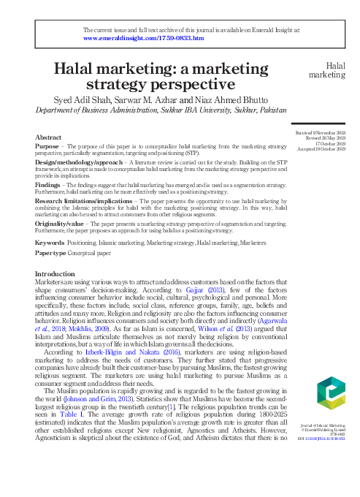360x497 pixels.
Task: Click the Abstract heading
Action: (48, 137)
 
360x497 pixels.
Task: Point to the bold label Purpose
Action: (47, 147)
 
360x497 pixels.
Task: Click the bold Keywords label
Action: (50, 242)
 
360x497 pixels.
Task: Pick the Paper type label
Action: (52, 252)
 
